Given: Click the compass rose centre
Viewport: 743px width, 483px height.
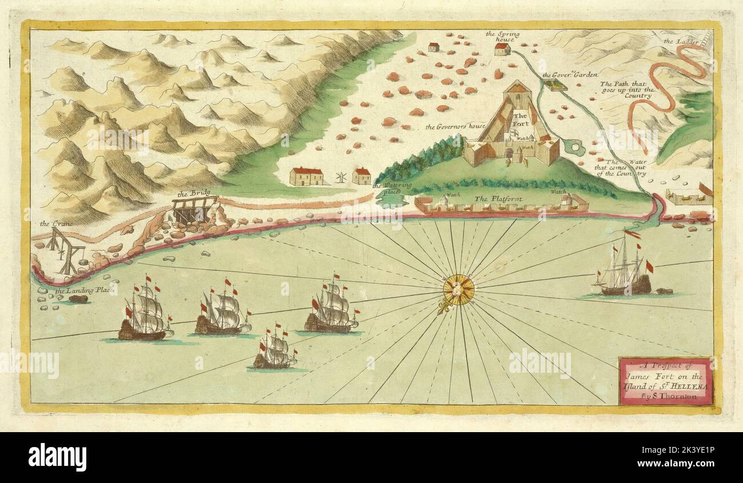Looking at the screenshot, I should [458, 289].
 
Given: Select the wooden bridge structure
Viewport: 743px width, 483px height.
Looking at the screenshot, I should [194, 210].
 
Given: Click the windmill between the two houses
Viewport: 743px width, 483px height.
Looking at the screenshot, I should [341, 177].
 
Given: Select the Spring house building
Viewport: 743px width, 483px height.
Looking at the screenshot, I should [502, 49].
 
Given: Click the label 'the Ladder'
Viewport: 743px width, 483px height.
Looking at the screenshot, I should [677, 41].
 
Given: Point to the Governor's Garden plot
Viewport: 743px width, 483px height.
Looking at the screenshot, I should [554, 85].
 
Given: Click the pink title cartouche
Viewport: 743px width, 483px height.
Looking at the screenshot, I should [666, 381].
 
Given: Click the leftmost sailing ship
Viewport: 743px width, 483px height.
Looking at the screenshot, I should [145, 314].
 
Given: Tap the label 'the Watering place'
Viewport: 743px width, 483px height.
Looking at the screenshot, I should [392, 188].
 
